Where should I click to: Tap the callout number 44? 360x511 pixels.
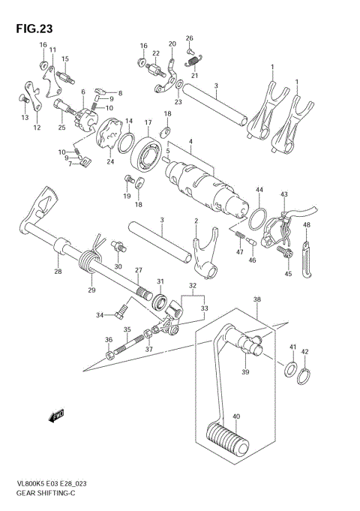click(x=258, y=190)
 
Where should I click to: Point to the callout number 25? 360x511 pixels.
click(x=61, y=128)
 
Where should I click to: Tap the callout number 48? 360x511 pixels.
click(x=306, y=224)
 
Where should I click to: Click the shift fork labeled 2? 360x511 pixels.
click(x=202, y=257)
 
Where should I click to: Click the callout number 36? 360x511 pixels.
click(x=109, y=340)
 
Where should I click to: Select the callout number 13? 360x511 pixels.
click(x=25, y=118)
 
